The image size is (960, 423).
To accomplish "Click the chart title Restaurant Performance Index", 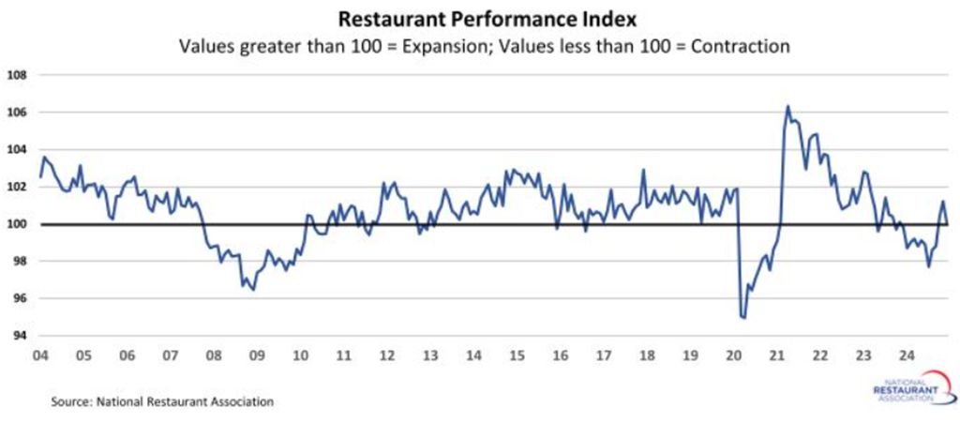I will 480,18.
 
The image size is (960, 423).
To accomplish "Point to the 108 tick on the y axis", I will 18,75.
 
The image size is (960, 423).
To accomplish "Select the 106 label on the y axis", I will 18,113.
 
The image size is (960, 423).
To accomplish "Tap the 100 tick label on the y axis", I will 18,224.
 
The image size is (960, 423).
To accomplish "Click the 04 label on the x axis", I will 40,356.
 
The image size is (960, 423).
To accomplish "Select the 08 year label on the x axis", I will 214,356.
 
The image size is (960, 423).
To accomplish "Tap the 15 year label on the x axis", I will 517,356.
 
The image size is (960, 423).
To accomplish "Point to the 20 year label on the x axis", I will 733,356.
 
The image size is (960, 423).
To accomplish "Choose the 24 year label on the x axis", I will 907,356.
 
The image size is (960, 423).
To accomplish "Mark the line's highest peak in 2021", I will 787,106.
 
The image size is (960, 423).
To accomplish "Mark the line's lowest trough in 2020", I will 743,318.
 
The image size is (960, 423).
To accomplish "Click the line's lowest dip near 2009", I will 253,290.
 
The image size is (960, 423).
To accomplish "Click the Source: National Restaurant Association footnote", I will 162,401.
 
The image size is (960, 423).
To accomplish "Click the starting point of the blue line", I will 40,176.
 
